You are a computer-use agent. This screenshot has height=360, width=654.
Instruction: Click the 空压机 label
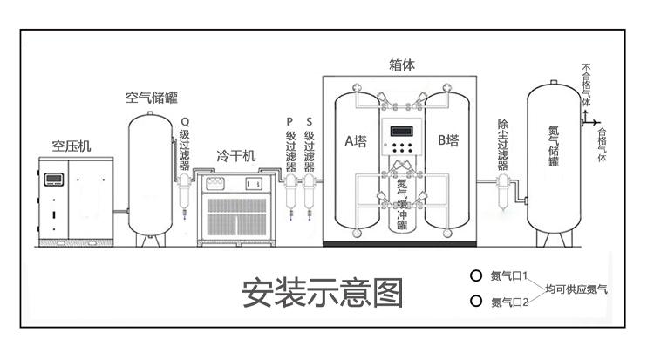click(x=71, y=146)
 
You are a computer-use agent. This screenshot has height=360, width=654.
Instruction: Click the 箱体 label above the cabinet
click(x=401, y=65)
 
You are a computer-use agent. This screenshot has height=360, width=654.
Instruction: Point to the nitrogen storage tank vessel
click(x=553, y=157)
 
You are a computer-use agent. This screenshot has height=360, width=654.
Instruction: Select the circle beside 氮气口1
click(x=476, y=275)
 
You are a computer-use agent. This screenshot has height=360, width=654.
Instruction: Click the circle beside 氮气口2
click(x=476, y=302)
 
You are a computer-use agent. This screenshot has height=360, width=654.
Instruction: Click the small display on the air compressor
click(x=53, y=180)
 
